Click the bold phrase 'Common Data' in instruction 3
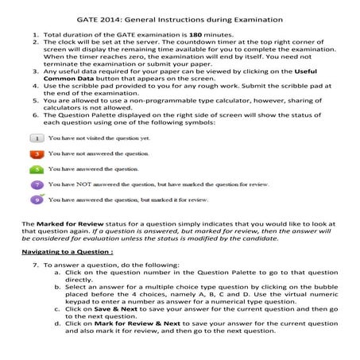tap(71, 82)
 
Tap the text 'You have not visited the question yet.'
tap(99, 137)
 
